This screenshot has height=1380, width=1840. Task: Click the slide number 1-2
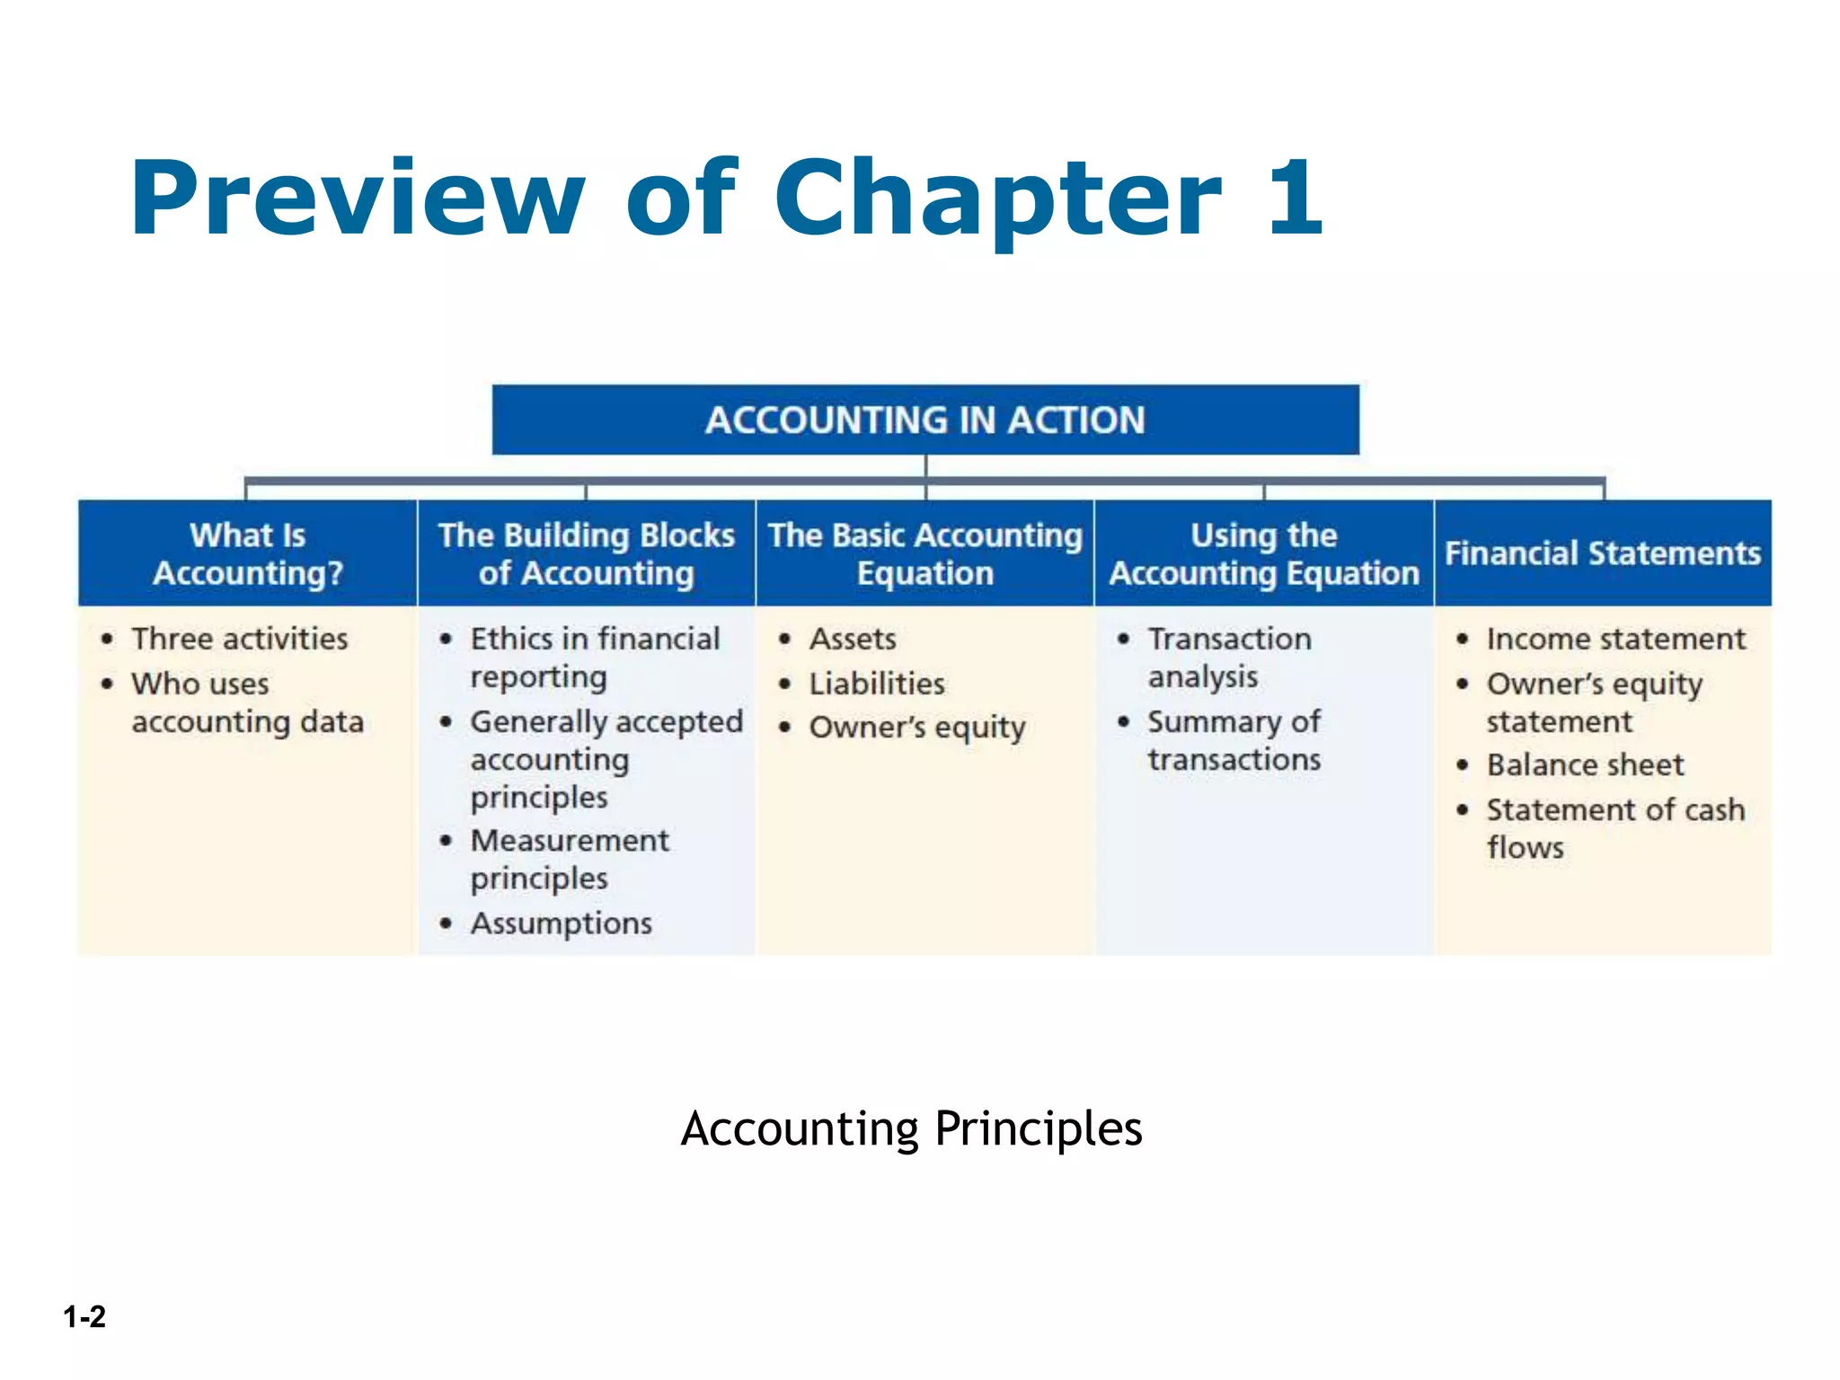point(84,1316)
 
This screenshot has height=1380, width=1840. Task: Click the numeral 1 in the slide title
point(1295,198)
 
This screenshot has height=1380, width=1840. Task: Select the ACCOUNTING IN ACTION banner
point(924,420)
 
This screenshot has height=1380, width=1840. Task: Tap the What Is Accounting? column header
point(247,553)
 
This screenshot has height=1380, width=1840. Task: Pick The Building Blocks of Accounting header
point(586,553)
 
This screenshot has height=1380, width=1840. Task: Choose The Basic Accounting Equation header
point(924,553)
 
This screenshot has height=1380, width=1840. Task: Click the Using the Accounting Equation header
point(1263,553)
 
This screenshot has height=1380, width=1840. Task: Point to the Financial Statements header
point(1602,553)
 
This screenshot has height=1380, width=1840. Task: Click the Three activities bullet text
point(240,639)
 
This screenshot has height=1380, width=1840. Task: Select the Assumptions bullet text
point(562,924)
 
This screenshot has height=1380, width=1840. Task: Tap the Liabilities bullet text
point(877,684)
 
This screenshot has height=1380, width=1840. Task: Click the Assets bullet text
point(853,639)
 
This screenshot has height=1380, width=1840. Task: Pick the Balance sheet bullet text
point(1585,765)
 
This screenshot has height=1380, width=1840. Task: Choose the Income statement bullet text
point(1615,639)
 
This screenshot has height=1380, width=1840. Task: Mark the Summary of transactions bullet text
point(1234,740)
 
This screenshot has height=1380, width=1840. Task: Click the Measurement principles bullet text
point(570,860)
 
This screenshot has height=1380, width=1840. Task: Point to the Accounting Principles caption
point(911,1128)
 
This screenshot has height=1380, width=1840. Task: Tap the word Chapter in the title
point(997,199)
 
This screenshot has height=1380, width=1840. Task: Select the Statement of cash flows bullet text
point(1615,828)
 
